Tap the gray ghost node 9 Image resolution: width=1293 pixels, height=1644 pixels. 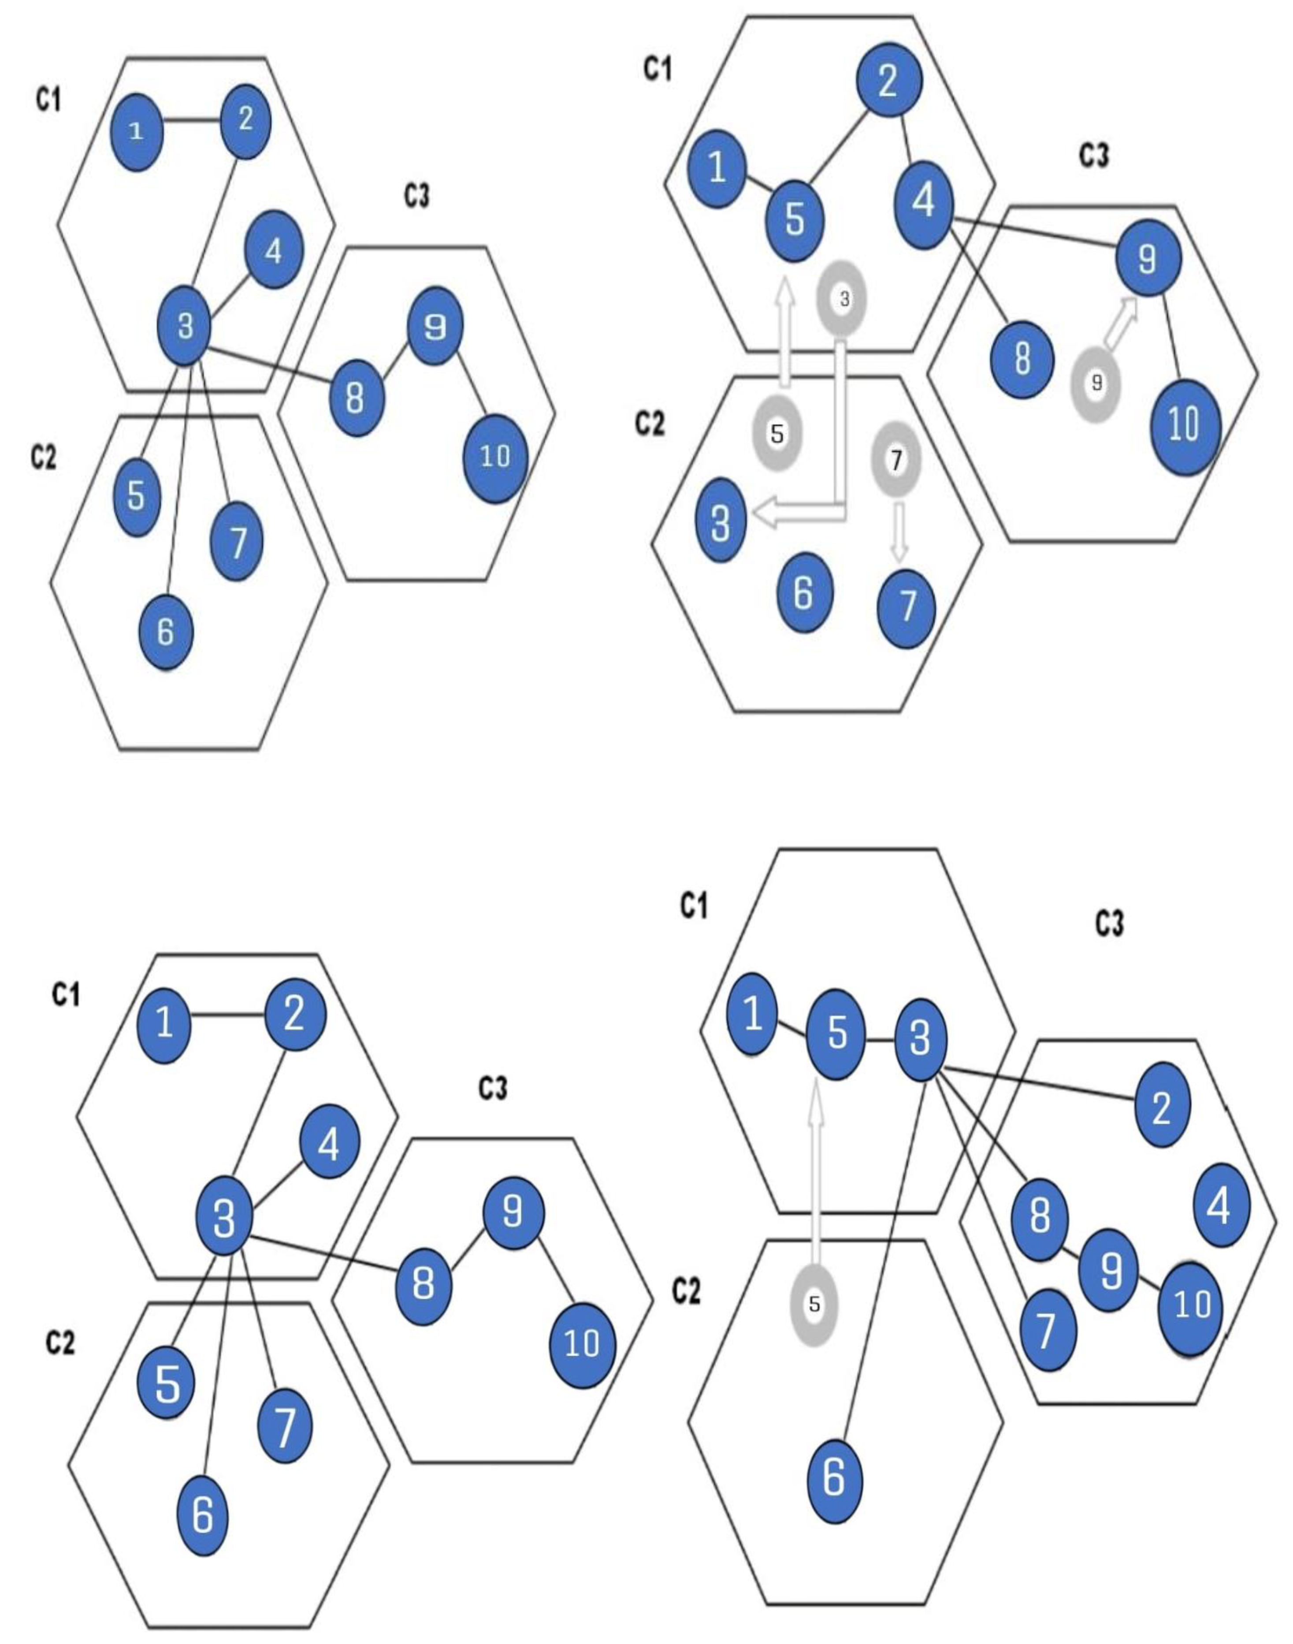(1096, 384)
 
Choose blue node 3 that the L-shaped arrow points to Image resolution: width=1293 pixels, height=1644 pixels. (721, 521)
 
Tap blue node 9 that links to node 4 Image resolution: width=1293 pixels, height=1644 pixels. (1148, 259)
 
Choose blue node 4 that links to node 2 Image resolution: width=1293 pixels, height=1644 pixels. (924, 202)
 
